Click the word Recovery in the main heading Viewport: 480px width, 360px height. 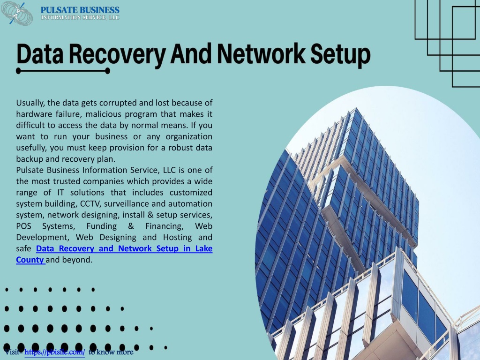117,54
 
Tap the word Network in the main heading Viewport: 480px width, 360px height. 261,54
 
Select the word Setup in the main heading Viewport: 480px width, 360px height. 340,55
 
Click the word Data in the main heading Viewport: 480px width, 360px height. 40,54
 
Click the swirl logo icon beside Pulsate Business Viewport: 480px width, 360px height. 17,14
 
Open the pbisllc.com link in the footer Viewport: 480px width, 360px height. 54,352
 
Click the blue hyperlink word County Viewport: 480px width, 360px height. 30,260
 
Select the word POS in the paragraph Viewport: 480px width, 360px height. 23,226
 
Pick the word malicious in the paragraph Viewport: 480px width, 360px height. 103,114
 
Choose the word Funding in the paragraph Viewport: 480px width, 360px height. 102,226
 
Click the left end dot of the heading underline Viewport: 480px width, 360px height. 18,71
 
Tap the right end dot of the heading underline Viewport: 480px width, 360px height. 107,71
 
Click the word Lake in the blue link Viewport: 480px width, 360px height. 204,248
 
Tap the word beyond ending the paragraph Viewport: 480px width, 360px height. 77,260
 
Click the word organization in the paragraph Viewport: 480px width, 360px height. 189,137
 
